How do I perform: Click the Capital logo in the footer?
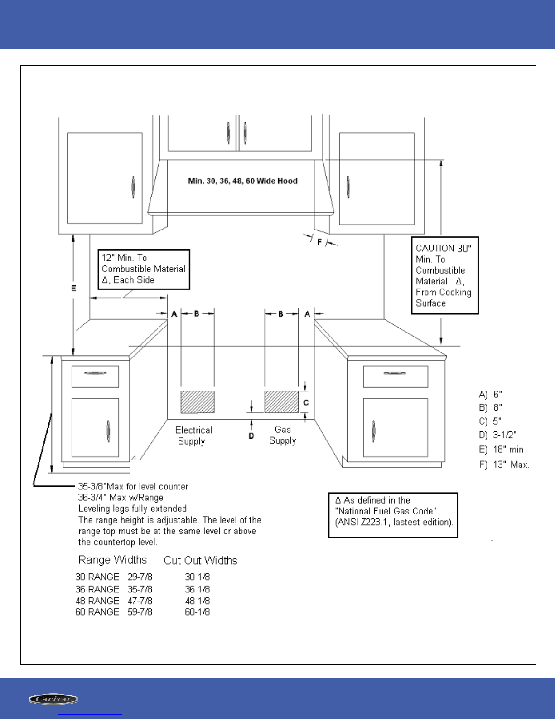tap(53, 699)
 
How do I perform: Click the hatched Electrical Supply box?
tap(198, 401)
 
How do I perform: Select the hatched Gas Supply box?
tap(281, 401)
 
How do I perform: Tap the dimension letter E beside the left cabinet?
tap(73, 288)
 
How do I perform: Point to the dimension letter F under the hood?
tap(319, 242)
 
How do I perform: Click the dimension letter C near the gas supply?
tap(306, 402)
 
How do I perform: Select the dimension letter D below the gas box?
tap(251, 436)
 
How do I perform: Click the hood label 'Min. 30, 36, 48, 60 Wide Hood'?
tap(243, 181)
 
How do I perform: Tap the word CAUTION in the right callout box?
tap(435, 248)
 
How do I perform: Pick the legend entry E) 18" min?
tap(501, 450)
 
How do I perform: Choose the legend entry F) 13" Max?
tap(504, 465)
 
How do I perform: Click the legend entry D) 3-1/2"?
tap(498, 435)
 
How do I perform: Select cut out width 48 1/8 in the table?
tap(197, 601)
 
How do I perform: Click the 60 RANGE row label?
tap(97, 612)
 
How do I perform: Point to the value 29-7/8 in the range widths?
tap(140, 577)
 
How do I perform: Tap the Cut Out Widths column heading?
tap(200, 561)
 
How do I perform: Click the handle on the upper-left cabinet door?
tap(133, 186)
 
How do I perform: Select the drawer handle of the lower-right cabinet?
tap(395, 373)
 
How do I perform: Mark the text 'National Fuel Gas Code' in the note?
tap(386, 511)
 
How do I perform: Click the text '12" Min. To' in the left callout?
tap(124, 258)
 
